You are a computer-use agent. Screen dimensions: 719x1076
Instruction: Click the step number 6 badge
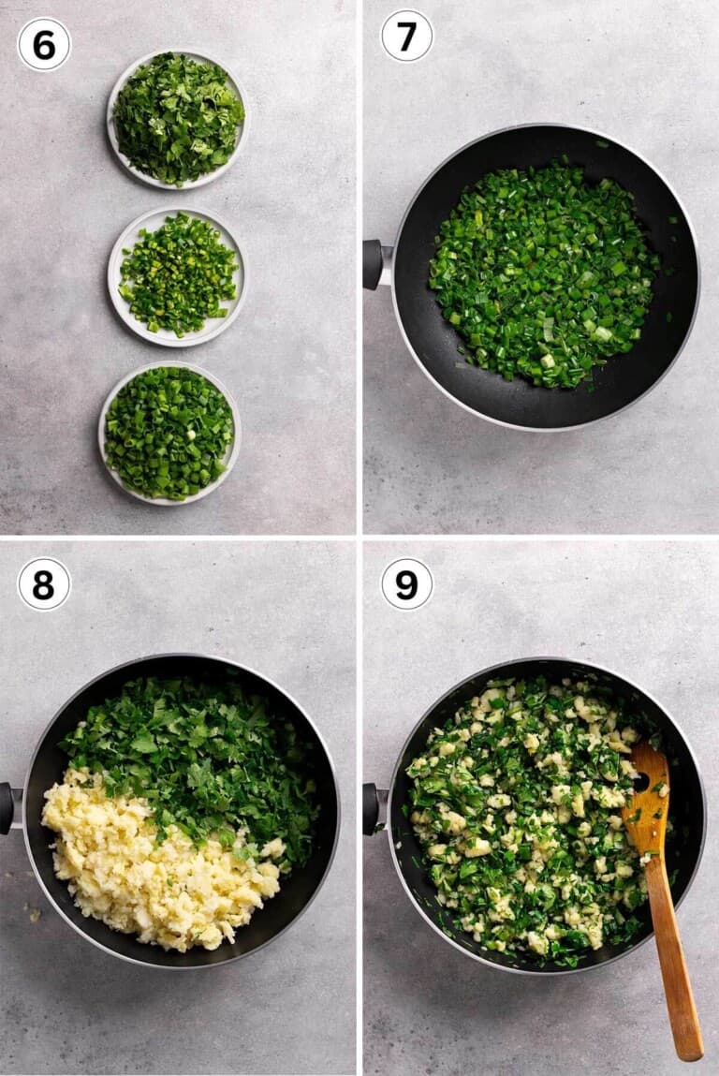(44, 45)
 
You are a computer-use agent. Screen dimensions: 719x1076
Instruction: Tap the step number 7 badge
(407, 37)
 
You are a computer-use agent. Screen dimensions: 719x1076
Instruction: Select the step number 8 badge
(44, 584)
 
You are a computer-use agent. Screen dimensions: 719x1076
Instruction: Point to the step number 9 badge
(407, 584)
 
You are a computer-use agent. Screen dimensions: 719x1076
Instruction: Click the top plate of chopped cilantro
(178, 119)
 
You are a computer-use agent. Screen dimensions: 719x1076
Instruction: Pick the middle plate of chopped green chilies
(176, 276)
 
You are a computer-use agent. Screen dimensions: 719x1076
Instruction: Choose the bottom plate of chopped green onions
(169, 433)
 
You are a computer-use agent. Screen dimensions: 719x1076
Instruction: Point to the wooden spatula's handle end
(687, 1046)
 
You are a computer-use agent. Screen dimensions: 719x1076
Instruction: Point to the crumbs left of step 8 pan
(32, 912)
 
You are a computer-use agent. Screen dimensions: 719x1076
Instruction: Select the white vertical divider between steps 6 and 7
(359, 267)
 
